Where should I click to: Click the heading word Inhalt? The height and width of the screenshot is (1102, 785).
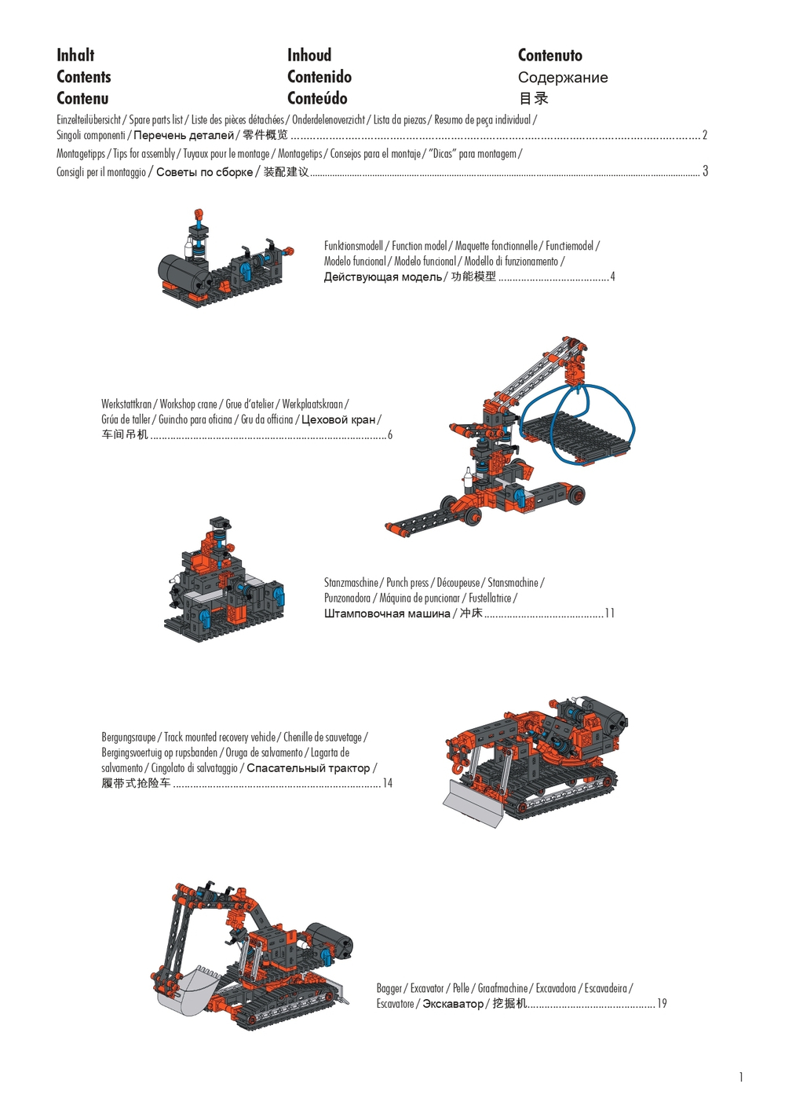coord(75,55)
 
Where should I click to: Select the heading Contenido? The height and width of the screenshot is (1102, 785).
coord(319,77)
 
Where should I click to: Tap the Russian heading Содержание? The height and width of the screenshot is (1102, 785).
coord(562,78)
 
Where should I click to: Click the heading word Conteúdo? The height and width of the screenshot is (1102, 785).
coord(317,99)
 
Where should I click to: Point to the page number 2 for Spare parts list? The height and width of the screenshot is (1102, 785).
coord(704,135)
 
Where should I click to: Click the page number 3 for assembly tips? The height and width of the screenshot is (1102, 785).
coord(705,171)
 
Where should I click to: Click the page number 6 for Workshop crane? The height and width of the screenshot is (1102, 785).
coord(389,435)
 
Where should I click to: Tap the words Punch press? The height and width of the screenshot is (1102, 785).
coord(407,583)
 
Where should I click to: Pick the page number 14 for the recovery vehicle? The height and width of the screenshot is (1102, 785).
coord(387,783)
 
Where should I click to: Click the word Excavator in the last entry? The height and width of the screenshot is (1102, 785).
coord(427,988)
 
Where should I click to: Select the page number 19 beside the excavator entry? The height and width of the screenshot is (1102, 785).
coord(662,1004)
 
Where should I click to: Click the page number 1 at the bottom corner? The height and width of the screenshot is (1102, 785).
coord(740,1077)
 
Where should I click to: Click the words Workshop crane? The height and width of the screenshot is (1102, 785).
coord(188,405)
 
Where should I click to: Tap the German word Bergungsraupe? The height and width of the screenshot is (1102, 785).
coord(129,738)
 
